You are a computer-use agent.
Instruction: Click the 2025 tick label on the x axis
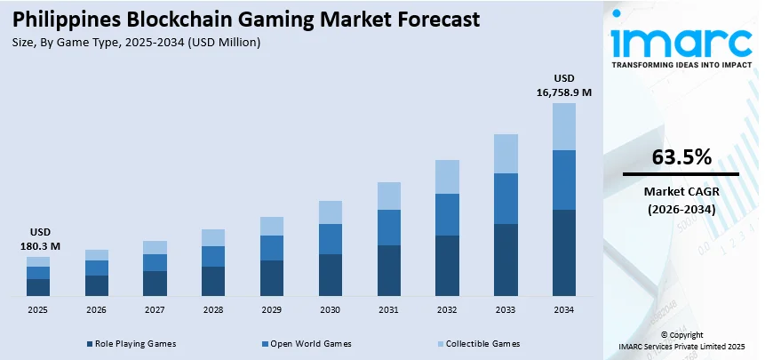coord(37,309)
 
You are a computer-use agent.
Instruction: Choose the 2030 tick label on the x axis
coord(330,309)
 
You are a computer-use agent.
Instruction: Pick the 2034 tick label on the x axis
coord(563,309)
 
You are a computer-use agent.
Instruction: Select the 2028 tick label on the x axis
coord(213,309)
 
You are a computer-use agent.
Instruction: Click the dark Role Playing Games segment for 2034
coord(563,252)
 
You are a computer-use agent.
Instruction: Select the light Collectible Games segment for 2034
coord(563,126)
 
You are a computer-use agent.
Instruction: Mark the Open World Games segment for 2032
coord(447,214)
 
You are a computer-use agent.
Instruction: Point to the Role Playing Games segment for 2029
coord(271,277)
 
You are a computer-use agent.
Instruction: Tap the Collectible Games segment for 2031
coord(388,196)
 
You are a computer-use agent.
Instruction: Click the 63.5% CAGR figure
coord(681,157)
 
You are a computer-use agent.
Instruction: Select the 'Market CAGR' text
coord(681,192)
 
